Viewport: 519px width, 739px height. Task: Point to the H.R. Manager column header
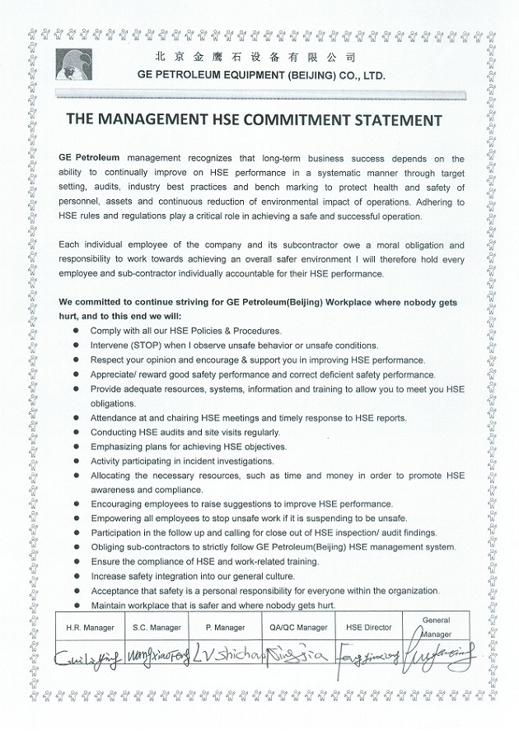click(x=90, y=627)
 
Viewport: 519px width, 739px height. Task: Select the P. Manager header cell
click(x=229, y=627)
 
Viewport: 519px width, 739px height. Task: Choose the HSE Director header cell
click(x=367, y=627)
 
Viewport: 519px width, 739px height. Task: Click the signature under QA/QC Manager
click(x=297, y=658)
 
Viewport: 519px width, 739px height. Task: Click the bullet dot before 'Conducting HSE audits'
click(x=77, y=433)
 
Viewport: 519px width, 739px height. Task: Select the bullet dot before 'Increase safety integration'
click(x=77, y=577)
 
